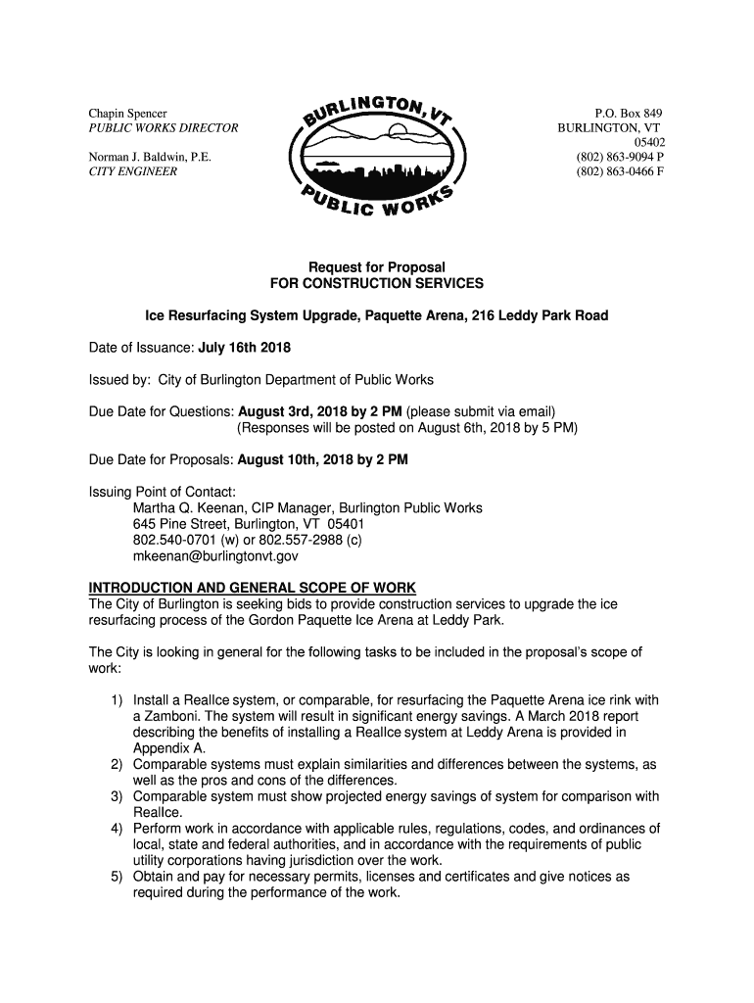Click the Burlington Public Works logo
click(377, 156)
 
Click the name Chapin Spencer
click(128, 115)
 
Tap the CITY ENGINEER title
click(133, 171)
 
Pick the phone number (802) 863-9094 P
click(621, 157)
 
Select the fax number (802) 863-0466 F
click(621, 171)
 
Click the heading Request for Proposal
click(377, 267)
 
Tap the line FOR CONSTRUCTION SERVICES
click(377, 283)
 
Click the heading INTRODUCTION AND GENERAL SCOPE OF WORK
click(253, 588)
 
